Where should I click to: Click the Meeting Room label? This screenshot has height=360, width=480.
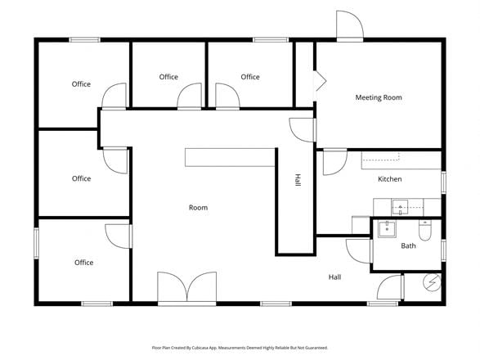(x=379, y=97)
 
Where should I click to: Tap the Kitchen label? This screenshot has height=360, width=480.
(x=390, y=179)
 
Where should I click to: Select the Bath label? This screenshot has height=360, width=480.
(x=408, y=245)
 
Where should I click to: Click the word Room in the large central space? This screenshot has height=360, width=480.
(x=198, y=208)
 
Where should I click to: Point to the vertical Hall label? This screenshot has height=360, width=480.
(x=298, y=180)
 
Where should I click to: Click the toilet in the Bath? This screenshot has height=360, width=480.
(x=425, y=231)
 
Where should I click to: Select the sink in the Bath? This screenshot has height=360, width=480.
(x=388, y=229)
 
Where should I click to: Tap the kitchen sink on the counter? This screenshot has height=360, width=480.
(x=400, y=208)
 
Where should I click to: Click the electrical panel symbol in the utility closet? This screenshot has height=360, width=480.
(x=432, y=282)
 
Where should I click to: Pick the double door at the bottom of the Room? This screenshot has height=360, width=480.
(x=186, y=287)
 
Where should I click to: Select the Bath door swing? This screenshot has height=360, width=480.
(x=358, y=250)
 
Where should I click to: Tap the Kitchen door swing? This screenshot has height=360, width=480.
(x=335, y=162)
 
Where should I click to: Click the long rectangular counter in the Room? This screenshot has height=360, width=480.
(x=230, y=157)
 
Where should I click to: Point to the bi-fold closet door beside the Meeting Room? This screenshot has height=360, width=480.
(x=321, y=81)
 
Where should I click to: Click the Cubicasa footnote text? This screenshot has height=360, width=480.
(x=240, y=348)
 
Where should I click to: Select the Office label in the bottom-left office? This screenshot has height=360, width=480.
(x=84, y=263)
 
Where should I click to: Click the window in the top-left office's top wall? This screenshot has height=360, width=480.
(x=84, y=40)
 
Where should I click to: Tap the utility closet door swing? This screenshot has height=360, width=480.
(x=388, y=287)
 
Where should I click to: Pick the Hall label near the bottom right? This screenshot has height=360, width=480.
(x=334, y=277)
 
